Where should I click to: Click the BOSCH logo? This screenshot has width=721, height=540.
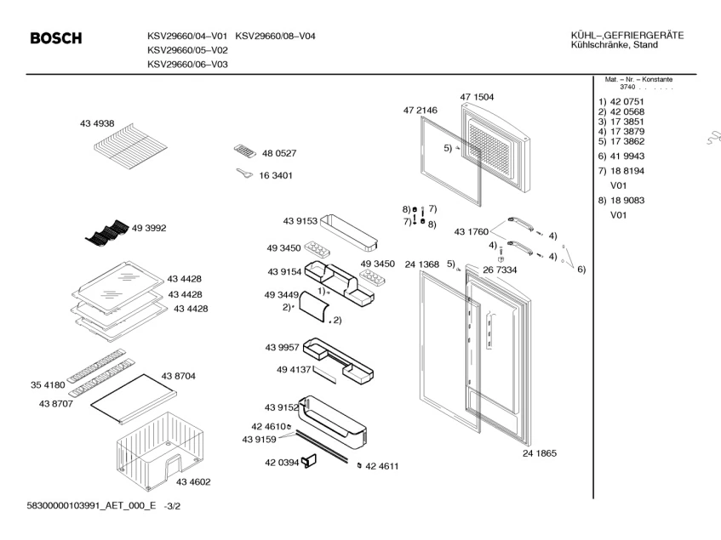click(x=56, y=39)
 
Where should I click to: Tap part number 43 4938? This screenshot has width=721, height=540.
click(x=97, y=124)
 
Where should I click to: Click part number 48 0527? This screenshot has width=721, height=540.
click(x=278, y=154)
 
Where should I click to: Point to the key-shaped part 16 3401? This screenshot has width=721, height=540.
click(x=243, y=174)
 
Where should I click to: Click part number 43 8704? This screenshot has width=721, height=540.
click(x=179, y=375)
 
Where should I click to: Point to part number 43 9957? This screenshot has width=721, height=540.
click(x=283, y=346)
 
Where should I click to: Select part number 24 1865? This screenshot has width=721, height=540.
click(x=540, y=454)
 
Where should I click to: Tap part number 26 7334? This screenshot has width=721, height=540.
click(x=500, y=270)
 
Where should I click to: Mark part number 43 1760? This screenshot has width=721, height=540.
click(x=471, y=231)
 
